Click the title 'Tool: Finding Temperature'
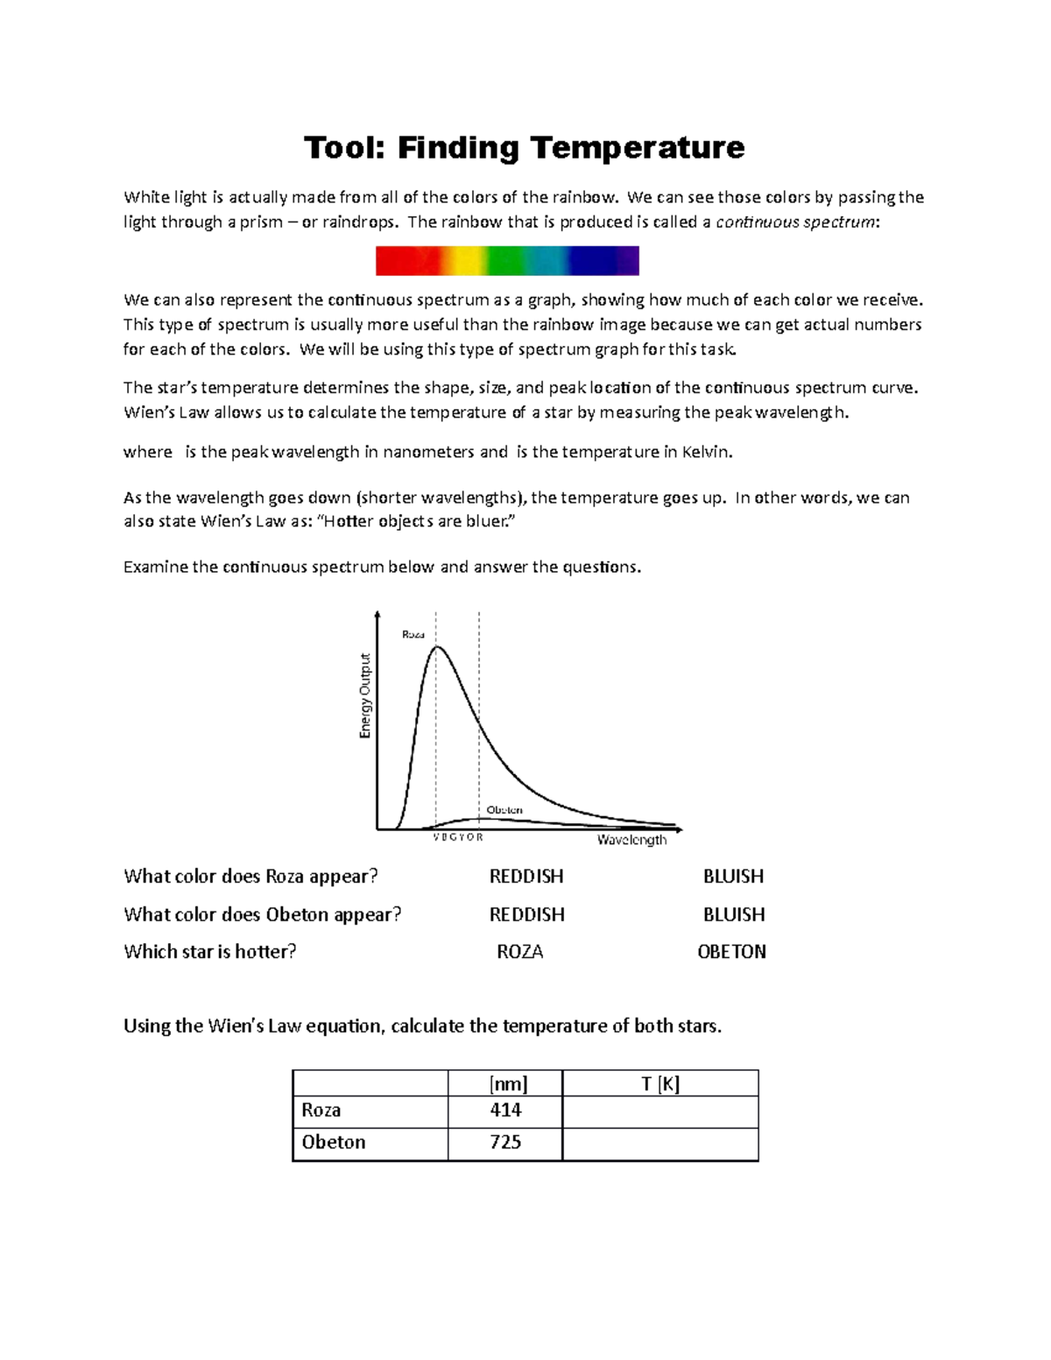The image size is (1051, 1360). point(524,147)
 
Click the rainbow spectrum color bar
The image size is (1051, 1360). point(507,261)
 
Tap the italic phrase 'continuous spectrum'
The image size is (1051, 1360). point(795,222)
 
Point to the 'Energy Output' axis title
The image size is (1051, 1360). point(365,696)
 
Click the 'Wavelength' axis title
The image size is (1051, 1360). point(631,840)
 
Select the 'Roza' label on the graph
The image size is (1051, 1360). point(413,634)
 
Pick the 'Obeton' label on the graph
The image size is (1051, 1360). point(504,810)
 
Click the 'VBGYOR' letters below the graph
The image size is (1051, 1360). point(458,837)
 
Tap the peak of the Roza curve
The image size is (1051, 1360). point(438,647)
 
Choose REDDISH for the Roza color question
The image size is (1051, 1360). point(525,877)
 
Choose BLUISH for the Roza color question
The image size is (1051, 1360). point(733,877)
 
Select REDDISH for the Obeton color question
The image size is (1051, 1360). point(525,914)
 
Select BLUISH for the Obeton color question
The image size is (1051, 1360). point(733,914)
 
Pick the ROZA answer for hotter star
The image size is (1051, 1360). point(519,952)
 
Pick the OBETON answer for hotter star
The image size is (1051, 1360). point(731,952)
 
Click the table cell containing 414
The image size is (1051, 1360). point(505,1110)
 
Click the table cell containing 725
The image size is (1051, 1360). point(505,1143)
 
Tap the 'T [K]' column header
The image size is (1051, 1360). point(660,1084)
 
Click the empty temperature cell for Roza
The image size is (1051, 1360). point(660,1111)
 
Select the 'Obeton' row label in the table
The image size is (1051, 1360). point(334,1143)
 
